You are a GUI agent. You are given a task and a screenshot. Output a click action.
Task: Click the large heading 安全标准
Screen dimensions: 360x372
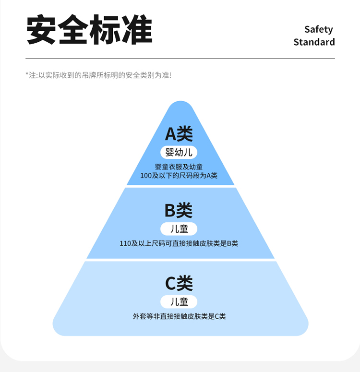click(x=89, y=30)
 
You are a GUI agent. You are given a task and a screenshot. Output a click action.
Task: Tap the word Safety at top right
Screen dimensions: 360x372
click(x=318, y=29)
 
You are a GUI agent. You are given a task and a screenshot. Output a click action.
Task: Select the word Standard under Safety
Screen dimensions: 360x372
click(x=314, y=42)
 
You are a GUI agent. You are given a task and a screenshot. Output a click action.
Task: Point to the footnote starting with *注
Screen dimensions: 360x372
click(x=98, y=75)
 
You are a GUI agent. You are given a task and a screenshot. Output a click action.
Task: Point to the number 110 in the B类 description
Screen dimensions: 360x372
click(x=125, y=243)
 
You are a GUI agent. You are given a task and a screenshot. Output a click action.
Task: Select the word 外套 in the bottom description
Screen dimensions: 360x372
click(x=139, y=316)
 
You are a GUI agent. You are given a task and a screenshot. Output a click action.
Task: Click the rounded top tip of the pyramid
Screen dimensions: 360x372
click(x=180, y=105)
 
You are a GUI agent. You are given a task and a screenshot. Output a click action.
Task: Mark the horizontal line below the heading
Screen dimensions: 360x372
click(x=180, y=59)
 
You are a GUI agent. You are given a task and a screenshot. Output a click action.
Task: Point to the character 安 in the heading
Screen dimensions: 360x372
click(x=42, y=30)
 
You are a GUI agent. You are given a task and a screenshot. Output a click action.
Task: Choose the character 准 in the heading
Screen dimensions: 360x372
click(x=136, y=30)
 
